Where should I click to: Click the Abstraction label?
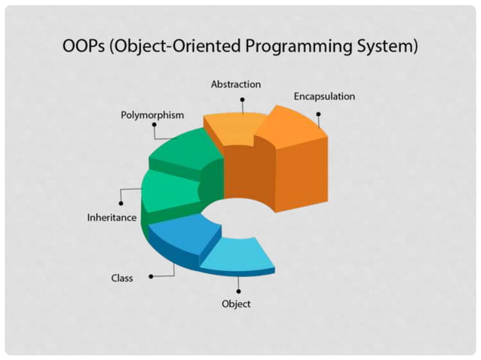pos(235,84)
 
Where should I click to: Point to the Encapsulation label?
pos(323,96)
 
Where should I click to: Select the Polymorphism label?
pos(152,115)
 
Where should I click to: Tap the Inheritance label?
pos(112,218)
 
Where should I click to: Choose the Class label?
pos(122,278)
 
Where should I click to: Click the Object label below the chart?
pos(236,304)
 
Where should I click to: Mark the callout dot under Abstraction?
pos(242,99)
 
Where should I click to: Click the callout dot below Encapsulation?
pos(318,114)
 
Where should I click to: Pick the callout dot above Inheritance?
pos(120,202)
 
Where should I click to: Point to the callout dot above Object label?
pos(238,291)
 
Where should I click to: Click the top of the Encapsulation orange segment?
pos(290,124)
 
